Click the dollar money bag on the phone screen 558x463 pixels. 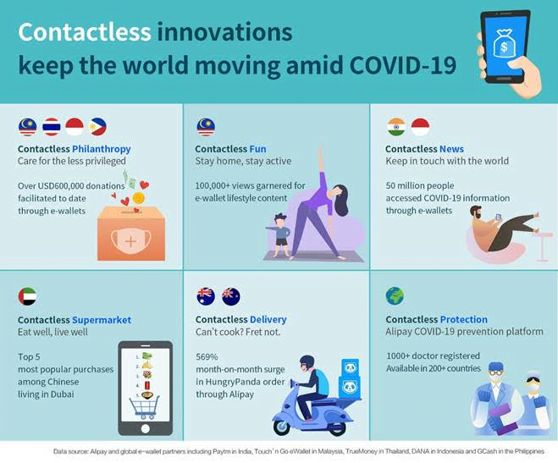pyautogui.click(x=504, y=43)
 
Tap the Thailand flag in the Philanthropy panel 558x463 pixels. pyautogui.click(x=52, y=127)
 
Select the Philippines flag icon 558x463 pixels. pyautogui.click(x=97, y=127)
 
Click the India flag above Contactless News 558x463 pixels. pyautogui.click(x=396, y=127)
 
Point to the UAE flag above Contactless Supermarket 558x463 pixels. pyautogui.click(x=27, y=296)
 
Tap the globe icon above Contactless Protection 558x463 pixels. pyautogui.click(x=395, y=296)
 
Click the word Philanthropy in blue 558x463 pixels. pyautogui.click(x=102, y=149)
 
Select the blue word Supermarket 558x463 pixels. pyautogui.click(x=102, y=320)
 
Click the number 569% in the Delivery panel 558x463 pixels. pyautogui.click(x=207, y=356)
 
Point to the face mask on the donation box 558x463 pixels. pyautogui.click(x=131, y=240)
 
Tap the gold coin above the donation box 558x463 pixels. pyautogui.click(x=138, y=198)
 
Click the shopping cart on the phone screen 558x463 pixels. pyautogui.click(x=144, y=407)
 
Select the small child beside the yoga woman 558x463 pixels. pyautogui.click(x=281, y=235)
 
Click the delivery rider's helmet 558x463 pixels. pyautogui.click(x=307, y=363)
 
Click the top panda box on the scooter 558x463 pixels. pyautogui.click(x=351, y=367)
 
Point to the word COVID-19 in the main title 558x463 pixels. pyautogui.click(x=402, y=65)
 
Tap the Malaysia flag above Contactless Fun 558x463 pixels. pyautogui.click(x=206, y=127)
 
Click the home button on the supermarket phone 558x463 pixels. pyautogui.click(x=145, y=429)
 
